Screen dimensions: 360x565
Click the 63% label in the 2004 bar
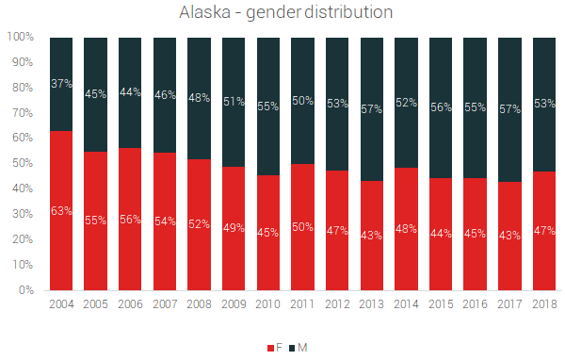click(x=61, y=210)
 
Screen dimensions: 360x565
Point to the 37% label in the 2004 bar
click(x=61, y=83)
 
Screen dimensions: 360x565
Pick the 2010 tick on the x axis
click(x=268, y=304)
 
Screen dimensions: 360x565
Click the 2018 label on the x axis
click(x=544, y=304)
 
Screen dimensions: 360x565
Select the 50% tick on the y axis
click(x=24, y=163)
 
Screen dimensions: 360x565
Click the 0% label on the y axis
click(x=26, y=290)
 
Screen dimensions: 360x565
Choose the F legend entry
click(x=274, y=348)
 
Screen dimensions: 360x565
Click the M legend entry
click(x=297, y=348)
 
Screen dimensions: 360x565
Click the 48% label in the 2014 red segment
click(x=406, y=228)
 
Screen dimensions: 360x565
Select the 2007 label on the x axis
click(x=165, y=304)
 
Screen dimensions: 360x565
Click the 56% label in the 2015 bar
click(x=441, y=106)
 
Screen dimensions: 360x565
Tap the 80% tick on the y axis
click(x=24, y=88)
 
